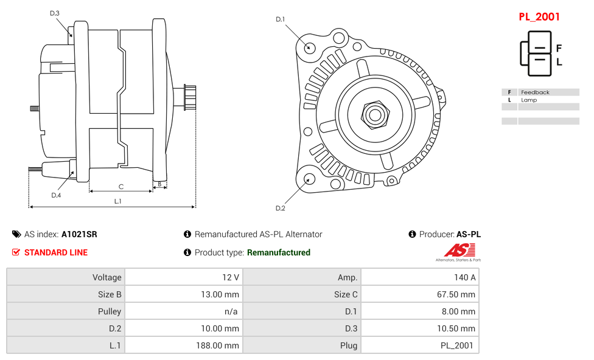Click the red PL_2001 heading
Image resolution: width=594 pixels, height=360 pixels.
point(539,17)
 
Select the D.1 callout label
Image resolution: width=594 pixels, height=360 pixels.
point(280,19)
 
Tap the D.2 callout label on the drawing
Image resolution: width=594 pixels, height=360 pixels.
point(280,209)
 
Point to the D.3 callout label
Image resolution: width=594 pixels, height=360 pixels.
point(55,13)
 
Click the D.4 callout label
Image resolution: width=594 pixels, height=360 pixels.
point(56,195)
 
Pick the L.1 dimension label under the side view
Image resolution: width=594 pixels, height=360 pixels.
point(118,201)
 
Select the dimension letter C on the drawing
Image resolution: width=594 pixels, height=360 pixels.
point(121,187)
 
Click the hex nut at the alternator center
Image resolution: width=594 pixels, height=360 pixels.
point(375,114)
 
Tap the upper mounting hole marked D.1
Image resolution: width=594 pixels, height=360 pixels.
point(309,47)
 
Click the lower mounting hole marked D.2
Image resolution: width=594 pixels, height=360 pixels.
point(309,179)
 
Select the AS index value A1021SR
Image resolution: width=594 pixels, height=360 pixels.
point(79,234)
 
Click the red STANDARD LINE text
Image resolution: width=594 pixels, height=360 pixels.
point(56,252)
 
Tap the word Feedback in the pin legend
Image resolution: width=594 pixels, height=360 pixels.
point(535,92)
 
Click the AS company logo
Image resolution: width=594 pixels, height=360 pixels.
point(458,252)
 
